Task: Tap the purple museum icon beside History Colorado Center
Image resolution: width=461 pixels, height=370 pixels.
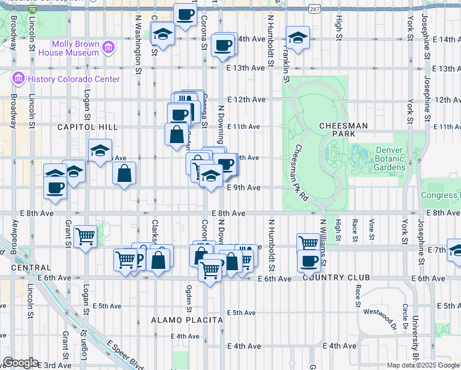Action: point(17,80)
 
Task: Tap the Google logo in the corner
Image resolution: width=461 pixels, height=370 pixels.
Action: point(20,363)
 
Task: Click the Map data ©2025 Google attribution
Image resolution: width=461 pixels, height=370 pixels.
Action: point(423,365)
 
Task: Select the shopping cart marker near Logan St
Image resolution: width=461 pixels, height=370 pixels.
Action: point(85,235)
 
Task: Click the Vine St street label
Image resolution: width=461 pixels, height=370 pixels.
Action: point(372,228)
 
